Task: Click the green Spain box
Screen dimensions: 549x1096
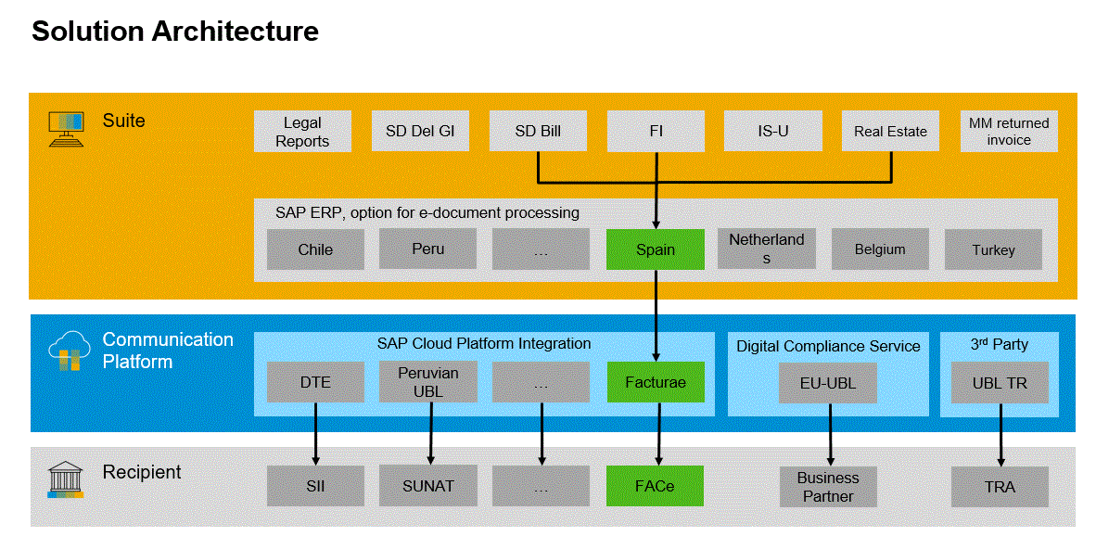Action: click(655, 249)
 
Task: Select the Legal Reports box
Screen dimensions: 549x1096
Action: click(302, 132)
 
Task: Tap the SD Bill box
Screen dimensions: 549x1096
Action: click(538, 132)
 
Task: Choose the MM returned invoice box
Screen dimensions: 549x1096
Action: click(1009, 132)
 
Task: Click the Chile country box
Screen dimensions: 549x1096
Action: click(315, 249)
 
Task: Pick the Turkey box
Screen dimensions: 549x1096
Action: click(993, 249)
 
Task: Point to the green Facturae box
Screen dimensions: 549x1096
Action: click(655, 382)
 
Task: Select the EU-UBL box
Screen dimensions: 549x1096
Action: click(827, 382)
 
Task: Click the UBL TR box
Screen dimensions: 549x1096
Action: click(1000, 382)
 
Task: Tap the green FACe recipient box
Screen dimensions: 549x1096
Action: click(655, 486)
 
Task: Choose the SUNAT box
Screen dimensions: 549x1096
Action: click(427, 486)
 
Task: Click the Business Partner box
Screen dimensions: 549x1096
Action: click(827, 487)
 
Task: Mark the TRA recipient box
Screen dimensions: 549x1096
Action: click(1000, 486)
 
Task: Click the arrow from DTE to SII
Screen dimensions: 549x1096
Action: click(315, 433)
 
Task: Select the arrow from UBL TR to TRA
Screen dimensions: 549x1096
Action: click(1000, 433)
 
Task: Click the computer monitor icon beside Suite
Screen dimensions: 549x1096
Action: click(65, 128)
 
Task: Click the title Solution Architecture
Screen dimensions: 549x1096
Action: click(175, 32)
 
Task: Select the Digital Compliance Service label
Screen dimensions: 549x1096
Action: click(828, 346)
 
